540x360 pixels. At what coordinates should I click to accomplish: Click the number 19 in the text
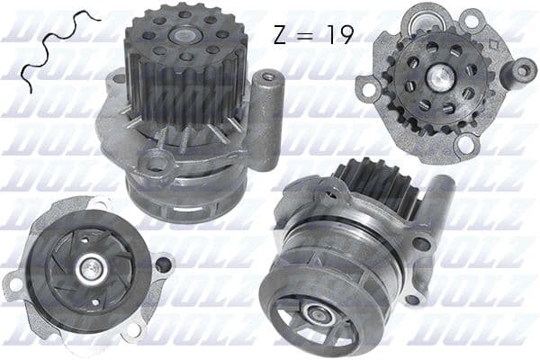click(x=337, y=35)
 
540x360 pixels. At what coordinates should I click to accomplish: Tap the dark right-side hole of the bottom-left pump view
click(x=162, y=265)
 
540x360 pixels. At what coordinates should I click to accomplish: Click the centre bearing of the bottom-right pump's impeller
click(x=316, y=313)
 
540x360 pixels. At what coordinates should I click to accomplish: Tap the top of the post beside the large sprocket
click(x=268, y=78)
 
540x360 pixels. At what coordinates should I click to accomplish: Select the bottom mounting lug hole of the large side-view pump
click(x=159, y=165)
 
